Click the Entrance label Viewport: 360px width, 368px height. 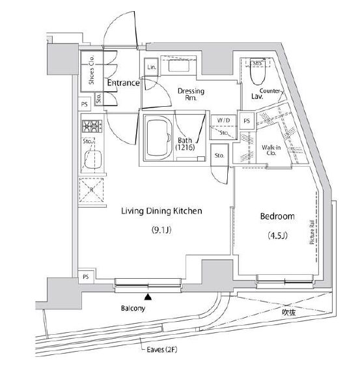click(x=124, y=83)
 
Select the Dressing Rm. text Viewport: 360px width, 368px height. click(x=191, y=96)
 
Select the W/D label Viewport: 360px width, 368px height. click(x=223, y=120)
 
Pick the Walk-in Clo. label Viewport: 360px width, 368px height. click(x=271, y=152)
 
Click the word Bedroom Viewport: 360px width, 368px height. click(x=277, y=216)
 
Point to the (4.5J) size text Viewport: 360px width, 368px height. click(x=277, y=235)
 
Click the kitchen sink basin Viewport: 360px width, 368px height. click(x=90, y=160)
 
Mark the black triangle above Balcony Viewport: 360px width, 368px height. click(x=148, y=297)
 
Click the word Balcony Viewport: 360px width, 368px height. click(x=132, y=309)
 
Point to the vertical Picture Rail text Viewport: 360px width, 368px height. click(x=313, y=233)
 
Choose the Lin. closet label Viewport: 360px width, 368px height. click(x=151, y=68)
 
